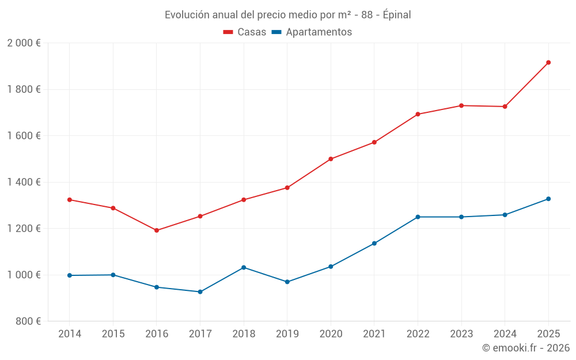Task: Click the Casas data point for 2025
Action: click(548, 62)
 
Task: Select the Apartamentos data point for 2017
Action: click(200, 292)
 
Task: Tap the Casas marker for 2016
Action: click(157, 230)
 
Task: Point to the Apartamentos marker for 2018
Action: click(244, 267)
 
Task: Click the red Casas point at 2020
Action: click(331, 159)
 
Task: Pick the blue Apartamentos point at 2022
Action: click(418, 217)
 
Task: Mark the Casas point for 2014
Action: click(70, 200)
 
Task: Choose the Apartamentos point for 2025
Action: click(548, 199)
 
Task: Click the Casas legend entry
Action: click(245, 32)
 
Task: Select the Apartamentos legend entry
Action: click(312, 32)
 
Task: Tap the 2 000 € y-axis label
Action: click(24, 43)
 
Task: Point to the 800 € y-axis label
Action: click(28, 321)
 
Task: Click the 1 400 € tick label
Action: click(24, 182)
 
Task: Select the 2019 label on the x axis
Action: click(287, 334)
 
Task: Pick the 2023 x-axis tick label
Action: click(461, 334)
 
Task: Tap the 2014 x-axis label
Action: click(70, 334)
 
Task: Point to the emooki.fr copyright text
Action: click(525, 348)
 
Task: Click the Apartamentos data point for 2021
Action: click(374, 243)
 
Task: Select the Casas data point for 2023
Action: click(461, 105)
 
